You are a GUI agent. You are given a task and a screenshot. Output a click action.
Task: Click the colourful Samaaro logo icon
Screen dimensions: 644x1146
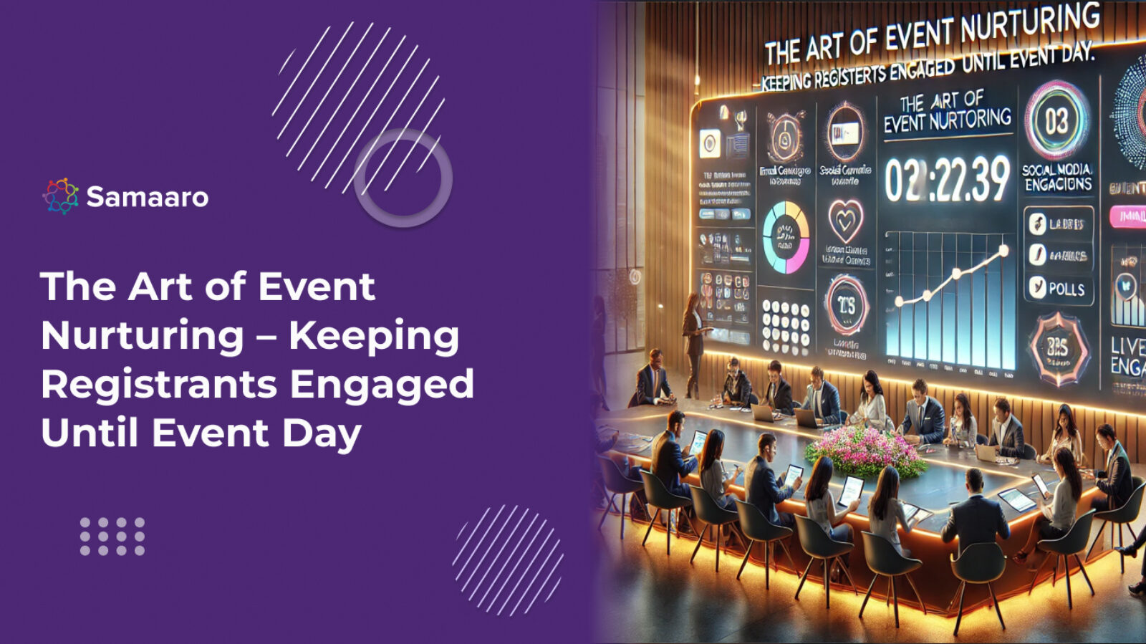pyautogui.click(x=60, y=196)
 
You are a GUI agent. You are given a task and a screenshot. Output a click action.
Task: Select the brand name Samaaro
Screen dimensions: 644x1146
pyautogui.click(x=147, y=197)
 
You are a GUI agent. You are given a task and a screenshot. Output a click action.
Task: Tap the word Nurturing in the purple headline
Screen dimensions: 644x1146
pyautogui.click(x=143, y=336)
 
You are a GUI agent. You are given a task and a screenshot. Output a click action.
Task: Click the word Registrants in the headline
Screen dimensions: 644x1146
pyautogui.click(x=158, y=384)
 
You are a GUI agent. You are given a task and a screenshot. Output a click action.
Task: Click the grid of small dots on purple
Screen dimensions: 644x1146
pyautogui.click(x=112, y=537)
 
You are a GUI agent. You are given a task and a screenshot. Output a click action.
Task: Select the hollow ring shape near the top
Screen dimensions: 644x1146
pyautogui.click(x=403, y=178)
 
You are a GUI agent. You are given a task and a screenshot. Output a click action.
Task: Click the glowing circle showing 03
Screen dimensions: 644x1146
pyautogui.click(x=1056, y=121)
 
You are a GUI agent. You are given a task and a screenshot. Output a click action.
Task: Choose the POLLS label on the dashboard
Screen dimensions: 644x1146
pyautogui.click(x=1066, y=289)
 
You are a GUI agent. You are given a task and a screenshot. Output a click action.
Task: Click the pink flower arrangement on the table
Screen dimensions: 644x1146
pyautogui.click(x=865, y=451)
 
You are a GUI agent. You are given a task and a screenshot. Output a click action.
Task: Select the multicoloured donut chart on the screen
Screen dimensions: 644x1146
pyautogui.click(x=786, y=237)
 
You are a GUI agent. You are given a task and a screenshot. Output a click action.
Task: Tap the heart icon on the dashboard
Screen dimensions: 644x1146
pyautogui.click(x=845, y=221)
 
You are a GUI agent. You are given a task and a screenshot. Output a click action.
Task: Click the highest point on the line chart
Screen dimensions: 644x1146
pyautogui.click(x=1003, y=251)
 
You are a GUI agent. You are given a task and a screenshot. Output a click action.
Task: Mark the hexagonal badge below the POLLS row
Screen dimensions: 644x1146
pyautogui.click(x=1057, y=348)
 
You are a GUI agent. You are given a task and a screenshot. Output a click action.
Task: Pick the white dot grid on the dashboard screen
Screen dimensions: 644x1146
pyautogui.click(x=785, y=325)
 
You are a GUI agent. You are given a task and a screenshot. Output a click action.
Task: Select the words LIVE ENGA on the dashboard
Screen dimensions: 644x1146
pyautogui.click(x=1127, y=356)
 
